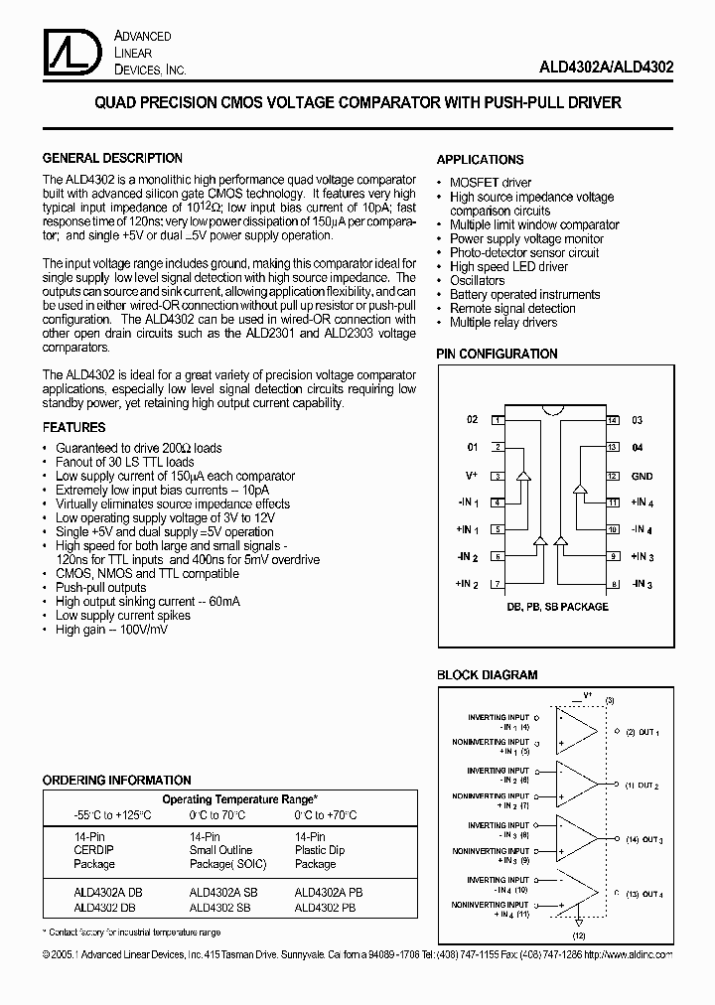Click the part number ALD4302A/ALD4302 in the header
tap(608, 69)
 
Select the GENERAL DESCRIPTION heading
tap(112, 158)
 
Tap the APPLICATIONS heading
tap(480, 159)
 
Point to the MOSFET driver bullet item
tap(491, 183)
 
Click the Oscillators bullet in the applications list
tap(477, 281)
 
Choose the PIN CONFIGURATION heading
tap(498, 354)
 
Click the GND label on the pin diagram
tap(642, 476)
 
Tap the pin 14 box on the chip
tap(614, 420)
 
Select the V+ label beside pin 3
tap(473, 476)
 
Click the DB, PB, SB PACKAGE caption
tap(557, 606)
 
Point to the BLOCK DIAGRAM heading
tap(487, 675)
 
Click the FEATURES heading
tap(73, 428)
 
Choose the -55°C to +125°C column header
tap(111, 814)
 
